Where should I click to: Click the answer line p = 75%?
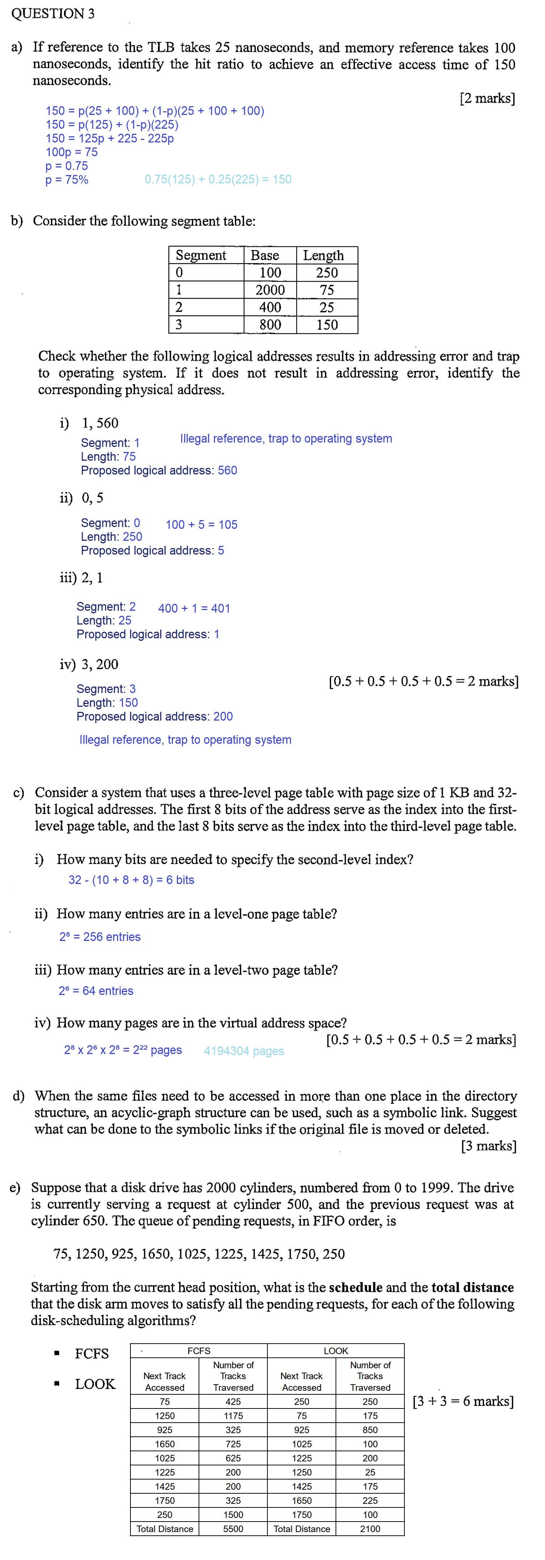tap(67, 180)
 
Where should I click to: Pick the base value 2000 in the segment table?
tap(270, 290)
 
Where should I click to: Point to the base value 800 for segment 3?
tap(270, 325)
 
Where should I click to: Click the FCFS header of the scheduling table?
tap(199, 1351)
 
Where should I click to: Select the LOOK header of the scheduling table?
tap(336, 1351)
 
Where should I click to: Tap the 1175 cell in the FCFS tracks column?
tap(233, 1416)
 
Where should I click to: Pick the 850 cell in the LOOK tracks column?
tap(370, 1430)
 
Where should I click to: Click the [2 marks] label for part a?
tap(487, 98)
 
